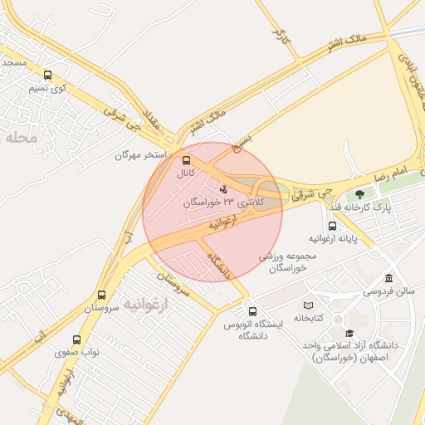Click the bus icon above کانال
coord(185,161)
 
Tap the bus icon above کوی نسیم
coord(46,75)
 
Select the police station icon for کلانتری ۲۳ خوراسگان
coord(222,190)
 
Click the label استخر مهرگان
coord(141,155)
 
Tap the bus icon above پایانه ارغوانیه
coord(332,226)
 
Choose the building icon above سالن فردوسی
coord(388,279)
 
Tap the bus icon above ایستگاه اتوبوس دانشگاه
coord(253,311)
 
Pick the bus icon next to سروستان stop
coord(101,295)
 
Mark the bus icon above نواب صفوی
coord(76,340)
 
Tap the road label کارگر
coord(278,34)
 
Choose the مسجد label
coord(15,63)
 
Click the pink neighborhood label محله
coord(22,138)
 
